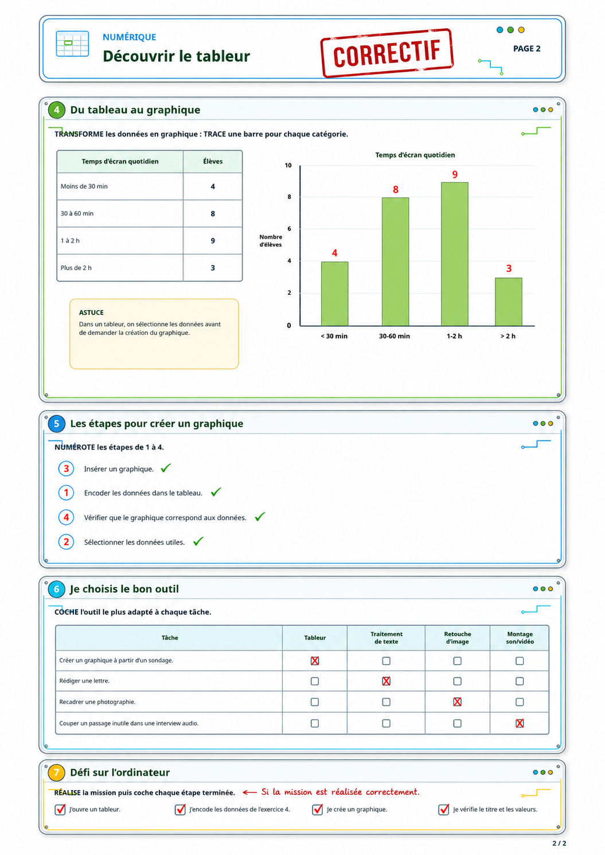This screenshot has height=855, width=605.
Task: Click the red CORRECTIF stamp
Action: (387, 53)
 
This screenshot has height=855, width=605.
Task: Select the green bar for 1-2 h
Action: (455, 254)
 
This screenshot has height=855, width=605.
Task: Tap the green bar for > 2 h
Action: (509, 302)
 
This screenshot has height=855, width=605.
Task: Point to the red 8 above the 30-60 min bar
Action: (396, 190)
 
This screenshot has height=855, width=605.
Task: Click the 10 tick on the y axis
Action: (288, 165)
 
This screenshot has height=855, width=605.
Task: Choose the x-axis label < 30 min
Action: (334, 336)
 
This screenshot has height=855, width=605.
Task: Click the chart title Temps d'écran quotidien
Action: (415, 155)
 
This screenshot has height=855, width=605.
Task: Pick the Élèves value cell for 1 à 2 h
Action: (213, 240)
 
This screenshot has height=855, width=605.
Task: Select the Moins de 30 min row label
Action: (84, 186)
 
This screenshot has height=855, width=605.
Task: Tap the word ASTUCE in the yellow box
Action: (91, 312)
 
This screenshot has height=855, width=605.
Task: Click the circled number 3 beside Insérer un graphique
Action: (66, 469)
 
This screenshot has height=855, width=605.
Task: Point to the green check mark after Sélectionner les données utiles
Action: (198, 541)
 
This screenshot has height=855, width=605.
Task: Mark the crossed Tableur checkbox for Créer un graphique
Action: (314, 661)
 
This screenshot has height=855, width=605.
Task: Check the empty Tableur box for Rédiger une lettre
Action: (314, 681)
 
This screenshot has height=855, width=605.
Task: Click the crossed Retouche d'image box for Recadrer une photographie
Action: (457, 701)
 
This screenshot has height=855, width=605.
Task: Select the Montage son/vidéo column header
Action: (520, 638)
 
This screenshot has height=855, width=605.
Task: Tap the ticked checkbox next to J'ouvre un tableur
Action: (60, 809)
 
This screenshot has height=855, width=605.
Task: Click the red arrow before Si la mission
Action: (249, 792)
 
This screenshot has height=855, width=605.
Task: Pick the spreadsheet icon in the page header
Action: (72, 44)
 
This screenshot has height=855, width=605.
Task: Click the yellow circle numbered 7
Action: (57, 772)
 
